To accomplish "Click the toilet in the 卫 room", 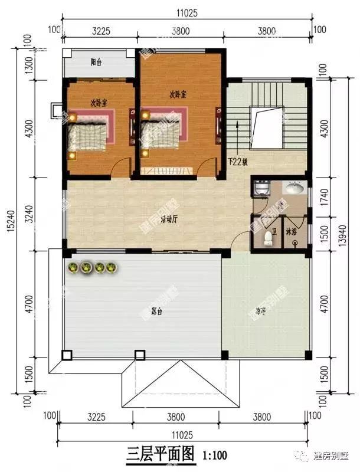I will (269, 238).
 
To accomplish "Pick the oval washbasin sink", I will (293, 189).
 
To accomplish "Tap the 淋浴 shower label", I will (292, 231).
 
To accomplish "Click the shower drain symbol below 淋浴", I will (294, 243).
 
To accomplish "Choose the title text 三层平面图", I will (161, 455).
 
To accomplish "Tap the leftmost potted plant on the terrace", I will (73, 268).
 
